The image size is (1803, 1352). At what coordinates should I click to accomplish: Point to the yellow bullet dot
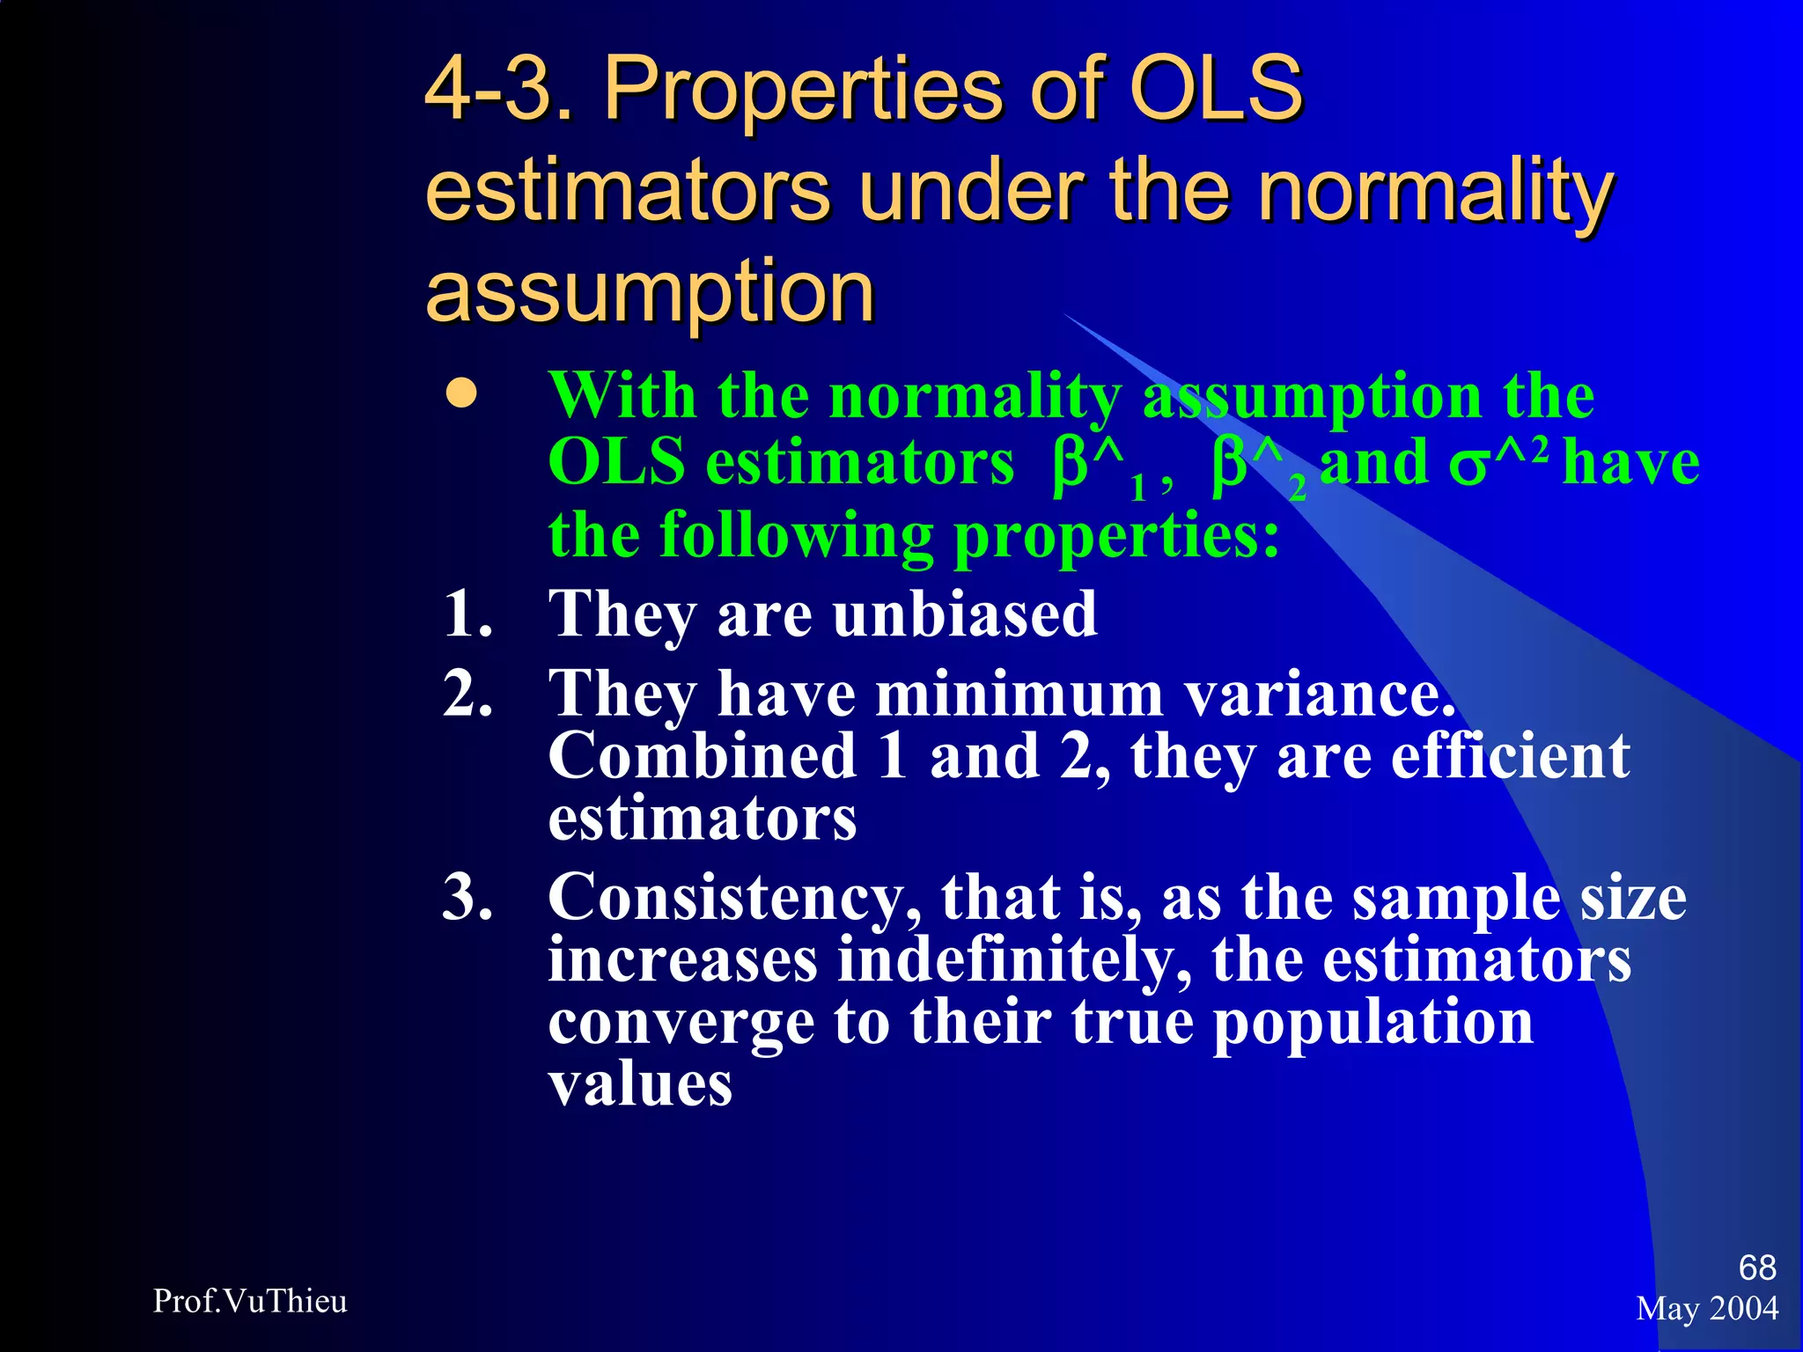tap(460, 393)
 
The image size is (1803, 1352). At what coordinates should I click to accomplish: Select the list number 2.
tap(467, 693)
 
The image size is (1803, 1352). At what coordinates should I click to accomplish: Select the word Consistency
tap(735, 898)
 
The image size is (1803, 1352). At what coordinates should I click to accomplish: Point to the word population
tap(1373, 1023)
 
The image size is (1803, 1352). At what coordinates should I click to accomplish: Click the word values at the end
tap(640, 1084)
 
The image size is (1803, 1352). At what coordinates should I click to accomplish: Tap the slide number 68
tap(1756, 1267)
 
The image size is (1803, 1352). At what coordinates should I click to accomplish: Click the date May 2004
tap(1707, 1309)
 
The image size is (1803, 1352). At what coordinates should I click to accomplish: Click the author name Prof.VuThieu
tap(250, 1301)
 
